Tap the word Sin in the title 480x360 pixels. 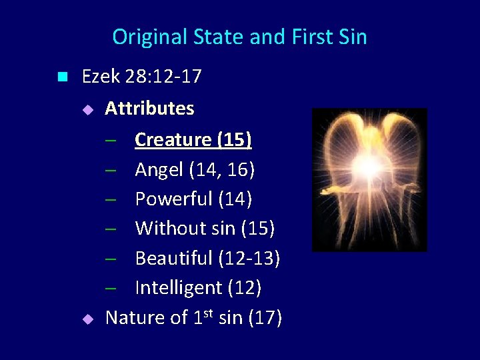tap(351, 37)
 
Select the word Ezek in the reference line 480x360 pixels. tap(100, 77)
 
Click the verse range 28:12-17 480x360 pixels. tap(163, 77)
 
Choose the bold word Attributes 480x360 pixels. tap(150, 109)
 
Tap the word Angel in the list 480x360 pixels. tap(159, 170)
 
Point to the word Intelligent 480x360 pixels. tap(179, 287)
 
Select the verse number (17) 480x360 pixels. tap(265, 317)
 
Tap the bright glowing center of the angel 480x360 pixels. tap(368, 164)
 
